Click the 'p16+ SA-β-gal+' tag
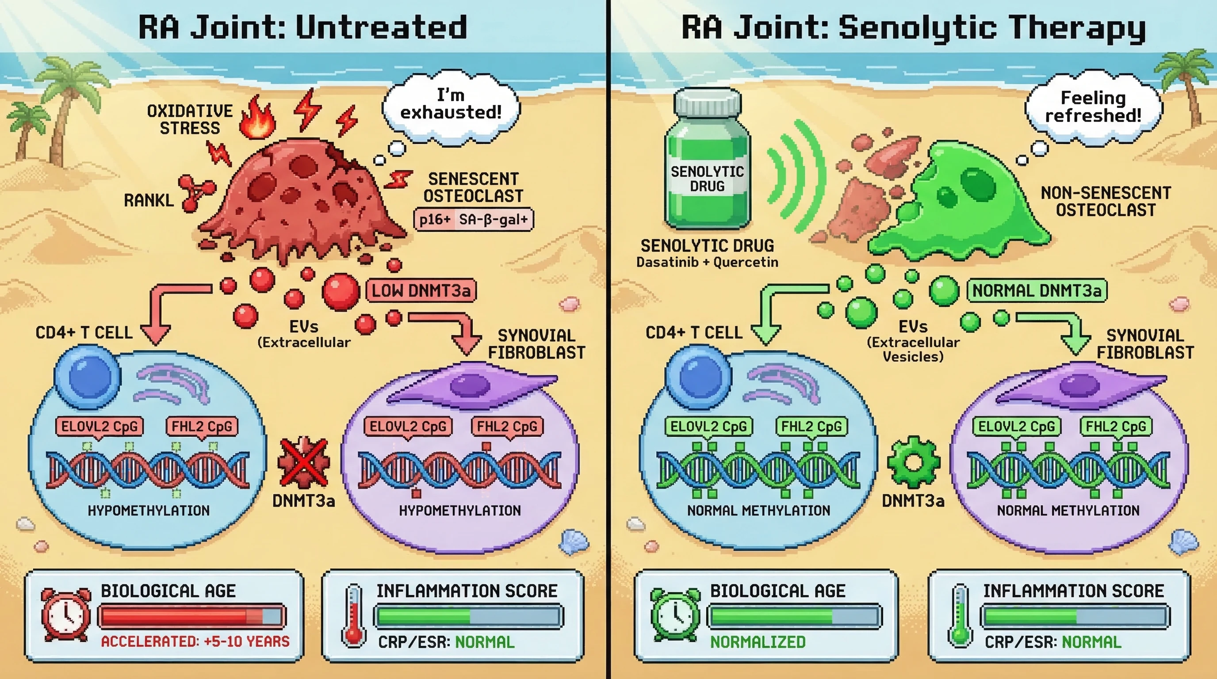tap(473, 220)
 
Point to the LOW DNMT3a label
tap(421, 290)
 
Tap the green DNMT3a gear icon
tap(913, 462)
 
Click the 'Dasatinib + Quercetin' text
tap(707, 262)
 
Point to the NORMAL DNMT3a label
tap(1037, 290)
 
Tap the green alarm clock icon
tap(675, 614)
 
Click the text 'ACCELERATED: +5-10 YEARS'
tap(195, 641)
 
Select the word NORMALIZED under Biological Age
tap(758, 642)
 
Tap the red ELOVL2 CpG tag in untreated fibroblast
tap(408, 427)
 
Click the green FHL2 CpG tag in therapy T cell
tap(811, 427)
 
